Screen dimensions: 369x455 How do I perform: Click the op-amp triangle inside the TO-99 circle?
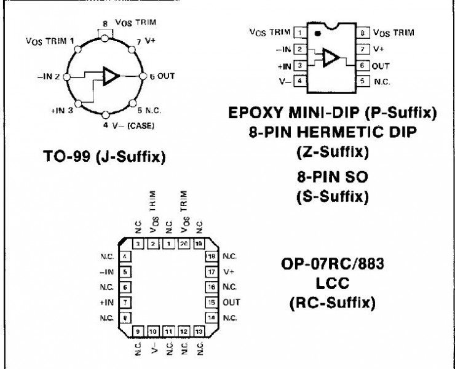pos(111,76)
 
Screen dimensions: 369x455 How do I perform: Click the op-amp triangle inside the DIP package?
pos(330,57)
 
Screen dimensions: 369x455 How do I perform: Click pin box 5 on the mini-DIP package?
pos(363,81)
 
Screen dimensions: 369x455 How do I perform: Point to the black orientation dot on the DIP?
pos(317,33)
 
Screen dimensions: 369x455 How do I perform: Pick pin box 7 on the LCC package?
pos(126,303)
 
